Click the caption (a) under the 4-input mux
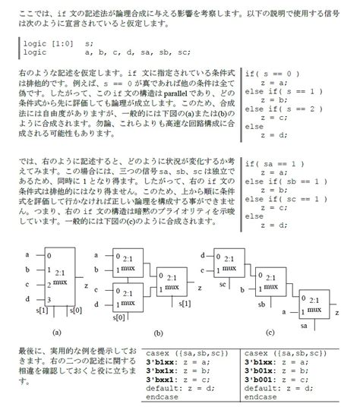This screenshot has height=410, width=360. pyautogui.click(x=56, y=332)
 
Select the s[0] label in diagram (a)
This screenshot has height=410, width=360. pyautogui.click(x=74, y=311)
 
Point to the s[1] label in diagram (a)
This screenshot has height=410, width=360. pyautogui.click(x=41, y=311)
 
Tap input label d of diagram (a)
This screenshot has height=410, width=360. pyautogui.click(x=27, y=298)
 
